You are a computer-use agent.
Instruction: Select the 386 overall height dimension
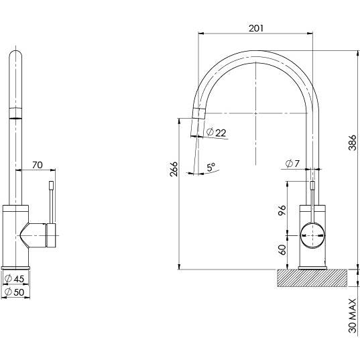coord(352,158)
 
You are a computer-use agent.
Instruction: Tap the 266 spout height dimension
coord(174,170)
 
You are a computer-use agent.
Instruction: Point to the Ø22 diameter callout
coord(217,133)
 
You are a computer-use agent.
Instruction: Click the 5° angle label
coord(211,168)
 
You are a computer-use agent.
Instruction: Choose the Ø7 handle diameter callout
coord(292,164)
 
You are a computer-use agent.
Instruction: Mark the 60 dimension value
coord(283,249)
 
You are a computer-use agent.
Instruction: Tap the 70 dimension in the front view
coord(38,164)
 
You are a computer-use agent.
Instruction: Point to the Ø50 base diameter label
coord(15,292)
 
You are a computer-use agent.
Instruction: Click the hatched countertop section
coord(311,278)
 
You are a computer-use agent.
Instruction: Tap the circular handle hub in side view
coord(312,233)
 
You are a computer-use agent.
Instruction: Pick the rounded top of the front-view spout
coord(17,56)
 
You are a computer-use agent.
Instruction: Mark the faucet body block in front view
coord(16,235)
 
